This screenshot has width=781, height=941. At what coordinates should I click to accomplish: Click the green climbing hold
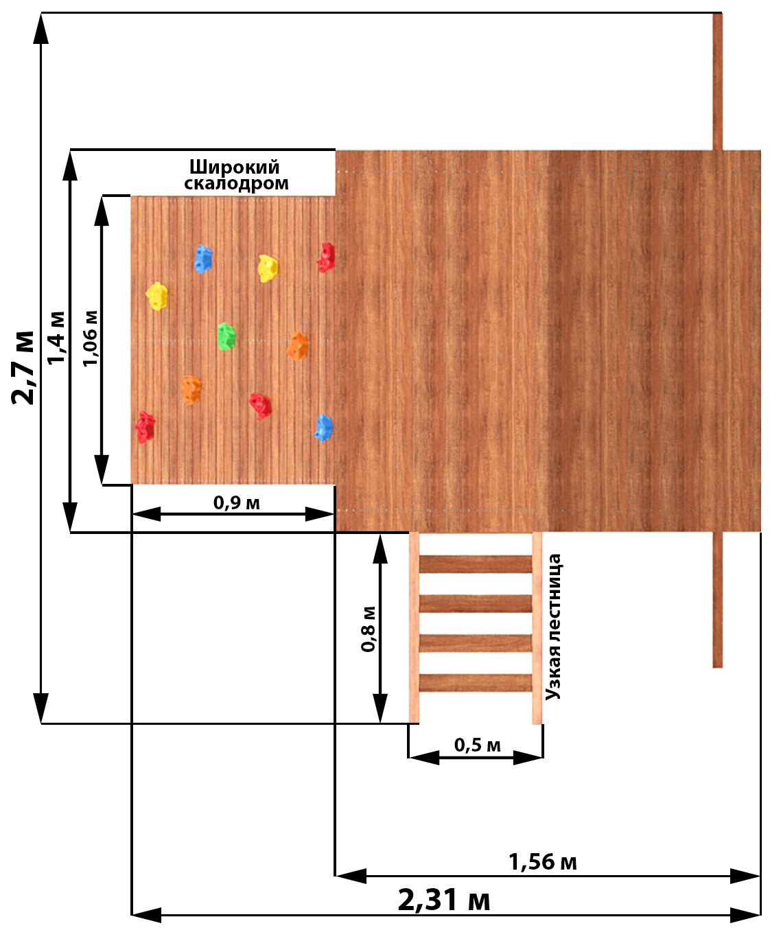(226, 336)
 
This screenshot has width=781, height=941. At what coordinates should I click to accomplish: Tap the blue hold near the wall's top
(202, 259)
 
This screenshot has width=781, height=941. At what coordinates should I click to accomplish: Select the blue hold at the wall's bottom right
(323, 428)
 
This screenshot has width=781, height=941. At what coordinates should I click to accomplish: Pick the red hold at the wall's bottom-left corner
(144, 427)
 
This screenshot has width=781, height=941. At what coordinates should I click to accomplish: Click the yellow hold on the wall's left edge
(157, 296)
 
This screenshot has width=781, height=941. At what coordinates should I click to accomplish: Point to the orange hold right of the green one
(297, 346)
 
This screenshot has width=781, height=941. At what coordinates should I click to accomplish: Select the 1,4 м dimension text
(57, 338)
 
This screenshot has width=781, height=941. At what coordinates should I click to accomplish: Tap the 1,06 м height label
(90, 338)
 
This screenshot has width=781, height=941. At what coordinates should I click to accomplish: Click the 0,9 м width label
(237, 503)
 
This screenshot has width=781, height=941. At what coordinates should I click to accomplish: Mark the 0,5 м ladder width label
(478, 745)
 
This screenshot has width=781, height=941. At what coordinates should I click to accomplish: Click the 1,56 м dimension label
(542, 862)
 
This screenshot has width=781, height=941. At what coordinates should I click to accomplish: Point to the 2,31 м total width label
(444, 900)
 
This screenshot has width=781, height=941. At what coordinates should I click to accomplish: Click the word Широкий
(235, 167)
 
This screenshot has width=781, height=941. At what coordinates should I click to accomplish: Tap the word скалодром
(237, 183)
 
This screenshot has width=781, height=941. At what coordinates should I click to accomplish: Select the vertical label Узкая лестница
(554, 627)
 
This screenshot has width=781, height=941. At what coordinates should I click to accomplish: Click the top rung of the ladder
(476, 564)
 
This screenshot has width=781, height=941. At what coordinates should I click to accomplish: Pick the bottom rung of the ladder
(476, 683)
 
